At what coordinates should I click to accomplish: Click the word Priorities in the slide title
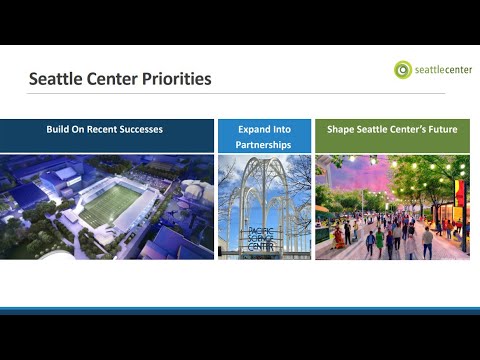tap(177, 79)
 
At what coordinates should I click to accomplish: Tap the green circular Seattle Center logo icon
tap(403, 70)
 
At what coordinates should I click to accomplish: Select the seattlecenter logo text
tap(443, 70)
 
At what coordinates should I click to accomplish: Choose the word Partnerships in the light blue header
tap(263, 145)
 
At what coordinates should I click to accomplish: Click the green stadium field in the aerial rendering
tap(110, 205)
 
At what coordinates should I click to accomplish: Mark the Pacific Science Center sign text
tap(261, 239)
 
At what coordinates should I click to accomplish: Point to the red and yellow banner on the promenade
tap(459, 194)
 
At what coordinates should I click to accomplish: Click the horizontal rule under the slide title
tap(236, 94)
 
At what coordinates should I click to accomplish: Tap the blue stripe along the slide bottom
tap(240, 311)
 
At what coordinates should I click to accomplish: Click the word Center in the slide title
tap(112, 79)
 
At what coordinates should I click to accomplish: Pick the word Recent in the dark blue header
tap(102, 129)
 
